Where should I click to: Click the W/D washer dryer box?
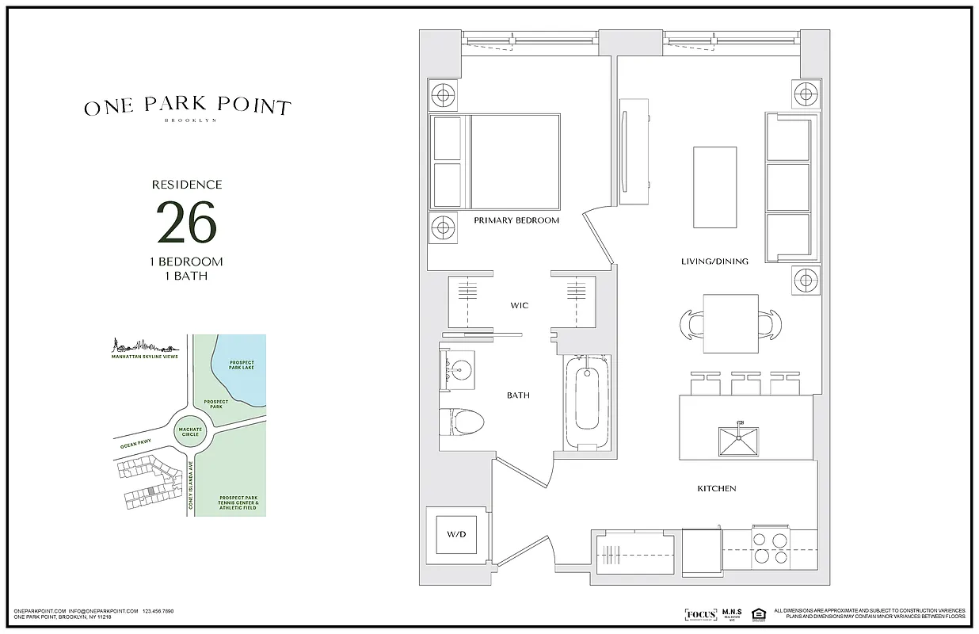[x=456, y=535]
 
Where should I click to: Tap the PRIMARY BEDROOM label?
[x=516, y=220]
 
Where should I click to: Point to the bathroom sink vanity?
[x=457, y=369]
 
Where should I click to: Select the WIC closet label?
[x=519, y=305]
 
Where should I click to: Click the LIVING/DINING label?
[x=714, y=261]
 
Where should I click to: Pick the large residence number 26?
[x=186, y=223]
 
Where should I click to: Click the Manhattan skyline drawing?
[x=143, y=346]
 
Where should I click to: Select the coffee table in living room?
[x=715, y=187]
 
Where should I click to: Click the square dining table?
[x=731, y=323]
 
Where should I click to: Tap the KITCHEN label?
[x=717, y=488]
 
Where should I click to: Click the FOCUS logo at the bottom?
[x=700, y=615]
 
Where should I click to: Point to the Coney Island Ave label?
[x=191, y=488]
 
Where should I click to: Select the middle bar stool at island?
[x=745, y=384]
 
